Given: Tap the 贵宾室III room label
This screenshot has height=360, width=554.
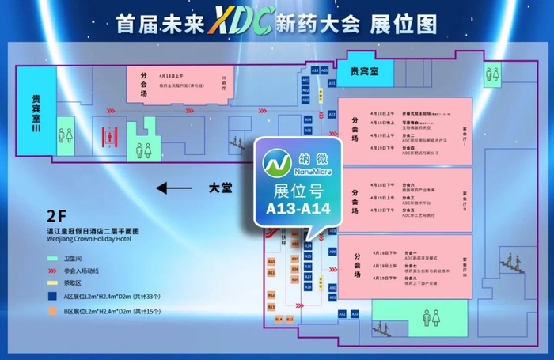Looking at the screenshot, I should click(36, 113).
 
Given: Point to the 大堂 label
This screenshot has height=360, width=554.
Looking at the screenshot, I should click(220, 188).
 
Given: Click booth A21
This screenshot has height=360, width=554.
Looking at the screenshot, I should click(332, 82).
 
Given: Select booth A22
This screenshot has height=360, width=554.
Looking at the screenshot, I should click(332, 116).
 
